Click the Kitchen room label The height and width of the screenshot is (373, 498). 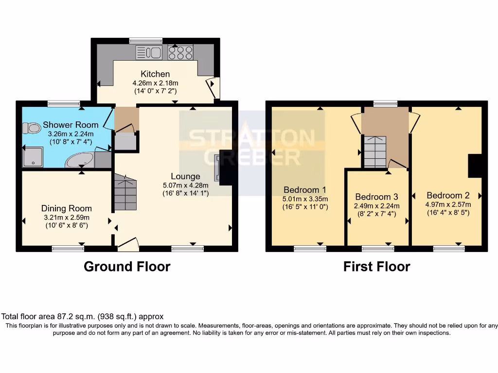[x=155, y=74]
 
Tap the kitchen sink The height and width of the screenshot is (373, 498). [x=149, y=52]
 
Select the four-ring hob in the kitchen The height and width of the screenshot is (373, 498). [x=180, y=52]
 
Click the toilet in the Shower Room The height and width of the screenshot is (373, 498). [x=32, y=128]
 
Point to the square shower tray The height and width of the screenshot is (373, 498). [x=33, y=157]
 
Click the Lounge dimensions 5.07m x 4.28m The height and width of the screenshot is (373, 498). [x=185, y=185]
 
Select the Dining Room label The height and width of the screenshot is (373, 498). [x=66, y=208]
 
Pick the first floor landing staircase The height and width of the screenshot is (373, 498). [x=375, y=152]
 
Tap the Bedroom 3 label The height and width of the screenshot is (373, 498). [x=377, y=197]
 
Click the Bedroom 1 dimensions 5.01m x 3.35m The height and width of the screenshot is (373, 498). [x=305, y=199]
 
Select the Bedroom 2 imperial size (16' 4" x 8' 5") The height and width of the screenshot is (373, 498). [x=448, y=213]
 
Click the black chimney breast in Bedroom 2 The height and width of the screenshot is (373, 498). [x=476, y=166]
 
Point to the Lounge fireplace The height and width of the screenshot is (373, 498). [x=217, y=168]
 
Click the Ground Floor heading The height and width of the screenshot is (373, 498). [x=127, y=267]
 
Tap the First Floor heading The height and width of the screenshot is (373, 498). [x=377, y=267]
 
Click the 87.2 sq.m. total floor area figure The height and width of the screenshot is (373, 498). [x=76, y=316]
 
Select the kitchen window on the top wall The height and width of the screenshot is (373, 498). [x=146, y=41]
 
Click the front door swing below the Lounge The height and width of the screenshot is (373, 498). [x=128, y=245]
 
